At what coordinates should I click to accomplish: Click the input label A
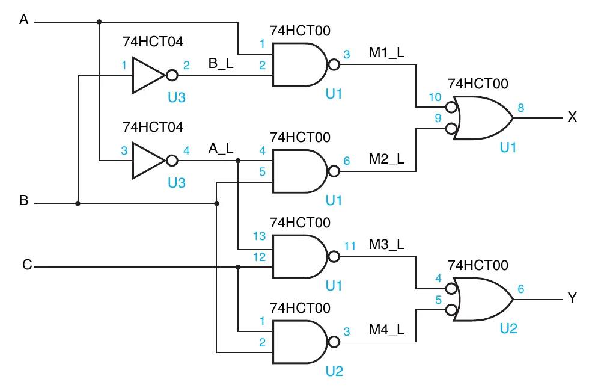[24, 20]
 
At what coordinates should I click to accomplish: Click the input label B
[24, 201]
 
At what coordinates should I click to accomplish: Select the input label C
[27, 265]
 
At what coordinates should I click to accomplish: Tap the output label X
[572, 117]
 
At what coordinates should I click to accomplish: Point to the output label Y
[572, 298]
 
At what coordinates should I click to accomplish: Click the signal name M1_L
[386, 52]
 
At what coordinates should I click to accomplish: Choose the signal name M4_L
[386, 330]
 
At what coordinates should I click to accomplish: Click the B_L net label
[221, 63]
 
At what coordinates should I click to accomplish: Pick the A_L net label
[221, 147]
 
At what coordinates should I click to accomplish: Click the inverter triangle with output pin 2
[147, 76]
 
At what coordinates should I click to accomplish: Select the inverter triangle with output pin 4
[147, 161]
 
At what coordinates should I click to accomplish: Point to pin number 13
[259, 236]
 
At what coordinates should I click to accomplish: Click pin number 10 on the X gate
[435, 97]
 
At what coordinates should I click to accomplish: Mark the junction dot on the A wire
[99, 22]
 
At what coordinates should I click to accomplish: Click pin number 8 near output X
[520, 108]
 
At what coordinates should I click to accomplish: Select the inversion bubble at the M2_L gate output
[333, 172]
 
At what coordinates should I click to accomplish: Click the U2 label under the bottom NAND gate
[334, 371]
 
